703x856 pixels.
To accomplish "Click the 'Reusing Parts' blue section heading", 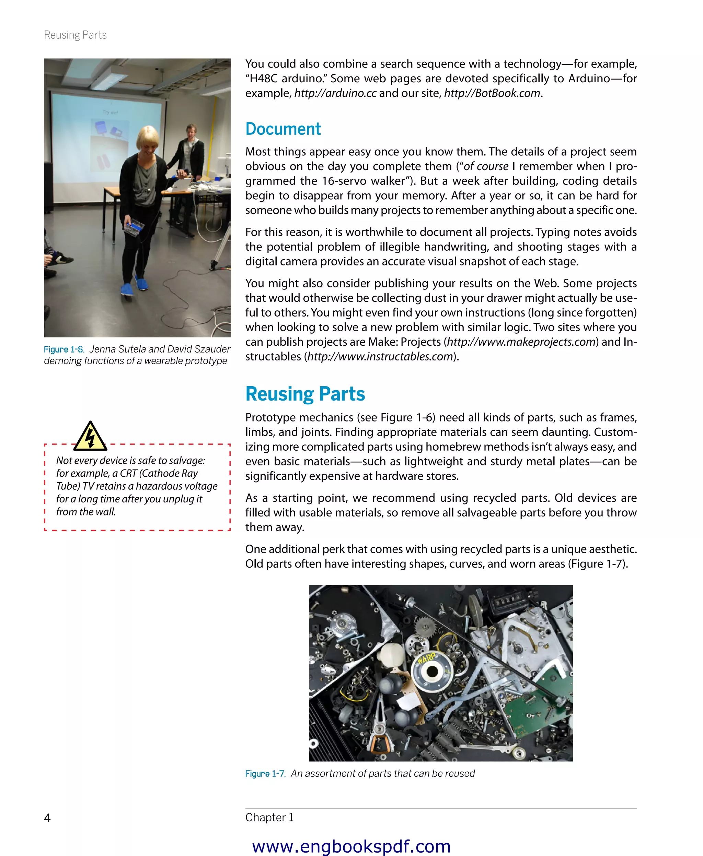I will coord(305,394).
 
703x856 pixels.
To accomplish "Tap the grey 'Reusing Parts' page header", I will coord(75,35).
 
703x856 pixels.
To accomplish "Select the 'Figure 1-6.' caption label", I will coord(64,349).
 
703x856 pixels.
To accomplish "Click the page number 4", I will coord(47,818).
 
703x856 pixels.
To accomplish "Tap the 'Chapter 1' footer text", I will coord(269,818).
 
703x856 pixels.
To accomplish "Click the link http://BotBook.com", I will coord(492,93).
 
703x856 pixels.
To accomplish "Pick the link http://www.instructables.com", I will coord(380,357).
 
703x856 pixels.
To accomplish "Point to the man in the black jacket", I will coord(190,154).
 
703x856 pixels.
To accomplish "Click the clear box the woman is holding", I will coord(134,227).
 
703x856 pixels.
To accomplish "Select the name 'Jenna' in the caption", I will coord(102,349).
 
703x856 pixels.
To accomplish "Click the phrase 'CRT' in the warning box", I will coord(128,473).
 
